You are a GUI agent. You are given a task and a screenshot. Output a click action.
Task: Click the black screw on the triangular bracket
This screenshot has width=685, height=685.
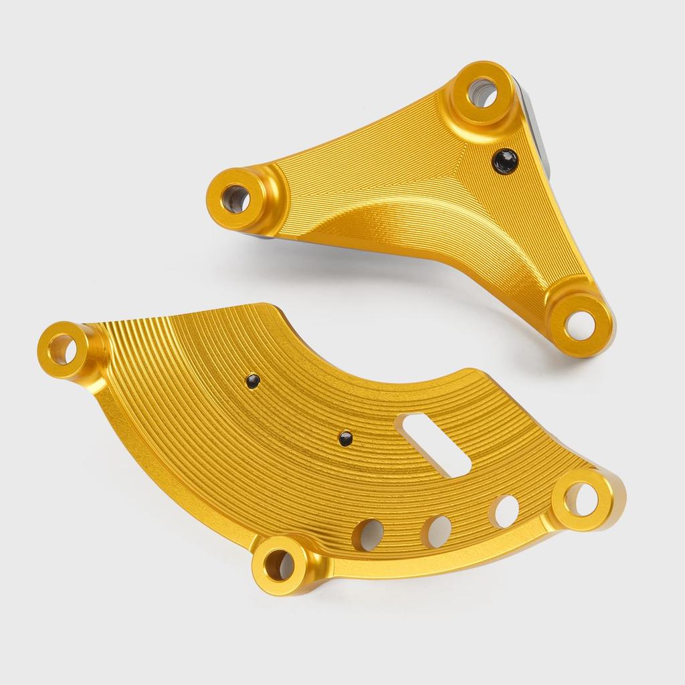tap(504, 161)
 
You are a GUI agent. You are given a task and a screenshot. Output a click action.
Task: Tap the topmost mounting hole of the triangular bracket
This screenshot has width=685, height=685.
tap(483, 92)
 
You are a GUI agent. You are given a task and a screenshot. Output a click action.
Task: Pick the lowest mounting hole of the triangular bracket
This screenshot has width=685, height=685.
tap(579, 324)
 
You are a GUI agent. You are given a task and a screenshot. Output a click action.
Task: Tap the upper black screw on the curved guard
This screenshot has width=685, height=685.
tap(252, 381)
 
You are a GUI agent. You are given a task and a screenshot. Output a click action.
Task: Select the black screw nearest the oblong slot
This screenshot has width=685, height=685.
tap(345, 439)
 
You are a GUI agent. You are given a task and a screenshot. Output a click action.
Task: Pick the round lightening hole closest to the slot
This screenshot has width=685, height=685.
tap(506, 510)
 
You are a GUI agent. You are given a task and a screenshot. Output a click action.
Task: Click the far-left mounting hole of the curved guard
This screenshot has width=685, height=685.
tap(62, 349)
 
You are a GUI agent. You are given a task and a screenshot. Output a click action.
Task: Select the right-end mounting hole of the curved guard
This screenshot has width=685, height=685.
tap(582, 499)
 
